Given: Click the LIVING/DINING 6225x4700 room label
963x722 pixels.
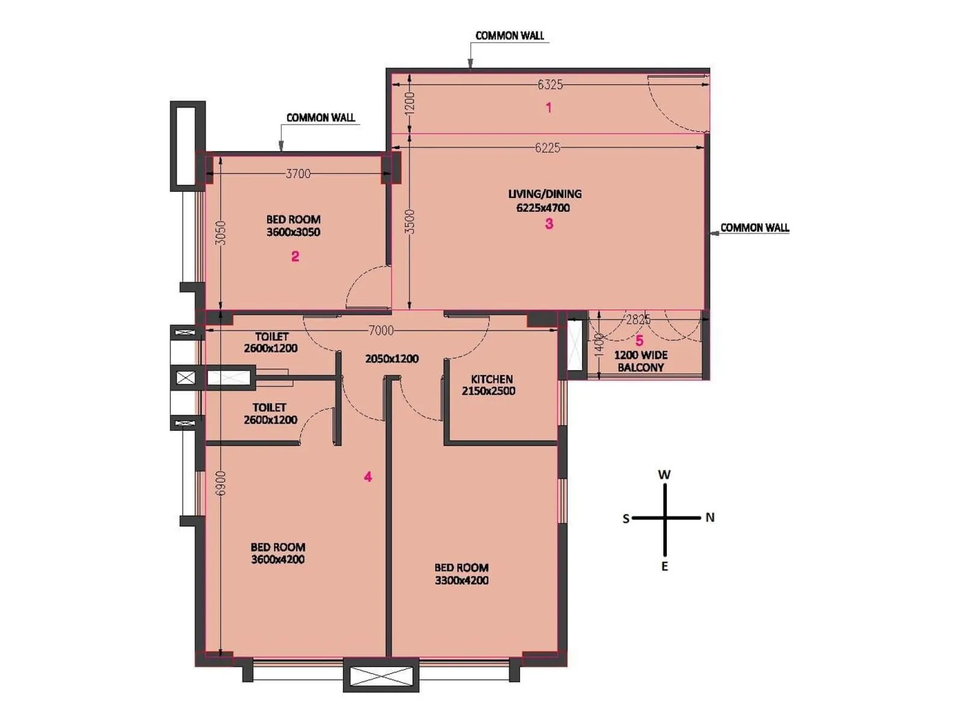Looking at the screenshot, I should [x=545, y=201].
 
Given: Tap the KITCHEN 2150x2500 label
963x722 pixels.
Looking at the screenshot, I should [x=491, y=385].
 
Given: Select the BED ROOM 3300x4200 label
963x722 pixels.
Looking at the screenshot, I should [x=462, y=574].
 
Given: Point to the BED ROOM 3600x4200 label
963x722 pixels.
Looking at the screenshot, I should [x=277, y=554].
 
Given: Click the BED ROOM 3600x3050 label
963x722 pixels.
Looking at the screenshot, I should [x=293, y=226].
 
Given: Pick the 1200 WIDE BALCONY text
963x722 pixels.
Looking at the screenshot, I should [x=640, y=361].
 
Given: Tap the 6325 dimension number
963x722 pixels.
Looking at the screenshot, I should [x=550, y=85].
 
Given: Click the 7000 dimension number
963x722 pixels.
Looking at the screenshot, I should [x=380, y=330].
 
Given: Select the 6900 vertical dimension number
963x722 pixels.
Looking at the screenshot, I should [x=221, y=483].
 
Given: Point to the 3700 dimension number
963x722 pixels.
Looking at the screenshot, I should [x=298, y=174].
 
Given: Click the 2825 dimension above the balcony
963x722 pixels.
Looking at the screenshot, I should [x=637, y=319].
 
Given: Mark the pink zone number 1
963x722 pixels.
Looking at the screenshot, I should [x=548, y=108].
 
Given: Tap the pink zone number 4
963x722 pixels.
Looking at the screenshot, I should [x=368, y=477].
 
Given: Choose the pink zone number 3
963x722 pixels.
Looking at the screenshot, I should [x=549, y=224].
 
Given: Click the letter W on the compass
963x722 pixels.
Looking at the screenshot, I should [x=664, y=475].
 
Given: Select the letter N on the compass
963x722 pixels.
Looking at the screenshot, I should [x=710, y=517].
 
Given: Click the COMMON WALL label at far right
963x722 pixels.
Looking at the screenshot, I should [x=754, y=228].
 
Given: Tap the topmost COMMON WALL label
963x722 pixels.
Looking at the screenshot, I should [x=509, y=35].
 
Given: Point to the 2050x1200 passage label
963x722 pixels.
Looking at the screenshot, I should [x=392, y=359].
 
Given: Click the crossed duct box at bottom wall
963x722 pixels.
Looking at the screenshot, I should [x=381, y=675].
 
